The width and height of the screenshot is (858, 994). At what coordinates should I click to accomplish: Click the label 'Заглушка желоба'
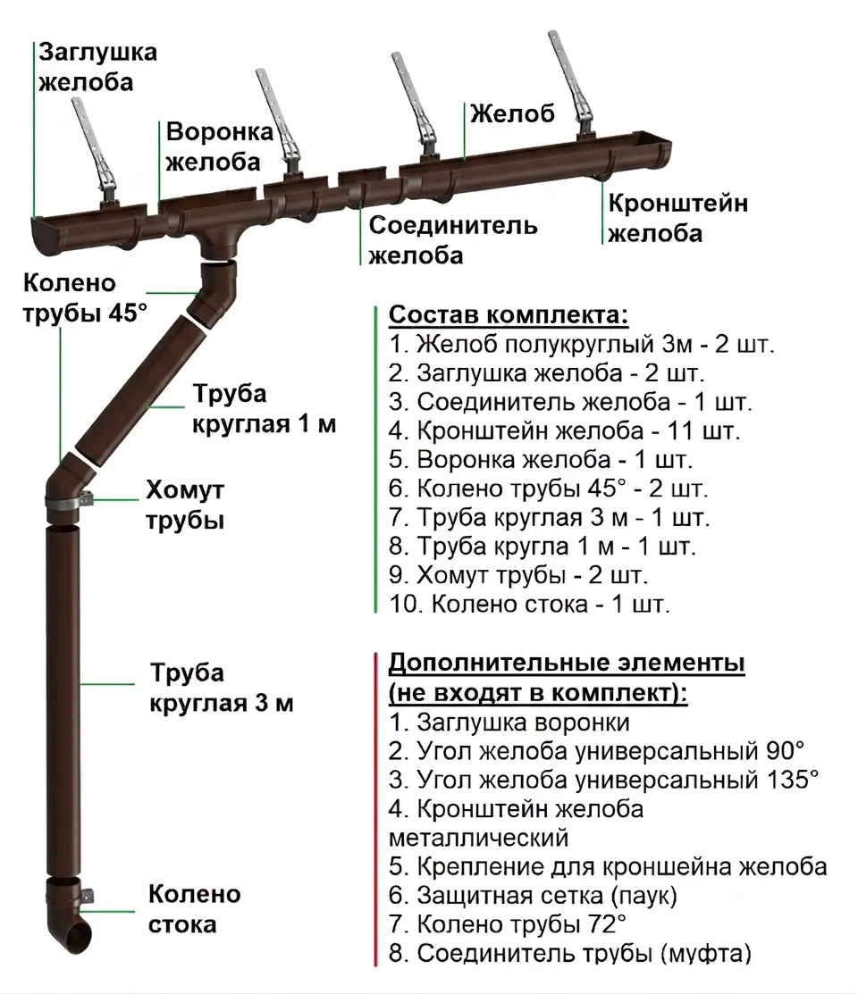[x=97, y=66]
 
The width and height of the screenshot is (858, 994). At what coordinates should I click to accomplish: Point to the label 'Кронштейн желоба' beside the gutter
[x=677, y=218]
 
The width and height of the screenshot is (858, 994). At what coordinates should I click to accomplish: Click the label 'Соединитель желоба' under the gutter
[x=453, y=239]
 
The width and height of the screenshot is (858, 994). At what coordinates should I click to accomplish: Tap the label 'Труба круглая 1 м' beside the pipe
[x=264, y=409]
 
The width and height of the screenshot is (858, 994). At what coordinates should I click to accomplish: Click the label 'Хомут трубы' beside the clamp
[x=185, y=505]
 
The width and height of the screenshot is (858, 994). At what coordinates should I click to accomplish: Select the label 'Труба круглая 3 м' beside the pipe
[x=221, y=688]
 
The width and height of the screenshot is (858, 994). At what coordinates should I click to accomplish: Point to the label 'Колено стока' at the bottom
[x=194, y=909]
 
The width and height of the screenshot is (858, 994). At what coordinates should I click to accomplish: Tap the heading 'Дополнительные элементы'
[x=567, y=664]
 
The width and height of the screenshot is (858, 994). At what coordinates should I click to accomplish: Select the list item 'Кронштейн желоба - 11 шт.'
[x=565, y=432]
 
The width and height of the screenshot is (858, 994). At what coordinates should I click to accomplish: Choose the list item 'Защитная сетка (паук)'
[x=533, y=894]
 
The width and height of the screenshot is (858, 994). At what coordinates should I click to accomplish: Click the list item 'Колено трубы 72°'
[x=508, y=923]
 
